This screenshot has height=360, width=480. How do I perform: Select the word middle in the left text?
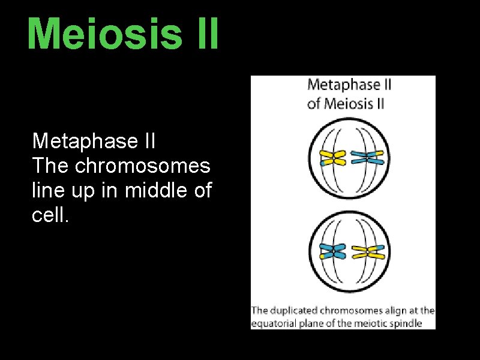[155, 190]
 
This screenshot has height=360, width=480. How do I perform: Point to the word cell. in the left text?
[51, 215]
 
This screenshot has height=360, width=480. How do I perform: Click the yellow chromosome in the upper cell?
[332, 158]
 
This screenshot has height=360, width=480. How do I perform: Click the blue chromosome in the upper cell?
[367, 158]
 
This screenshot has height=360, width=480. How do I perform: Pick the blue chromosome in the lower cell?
[332, 251]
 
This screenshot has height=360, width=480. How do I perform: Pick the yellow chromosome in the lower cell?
[367, 251]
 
